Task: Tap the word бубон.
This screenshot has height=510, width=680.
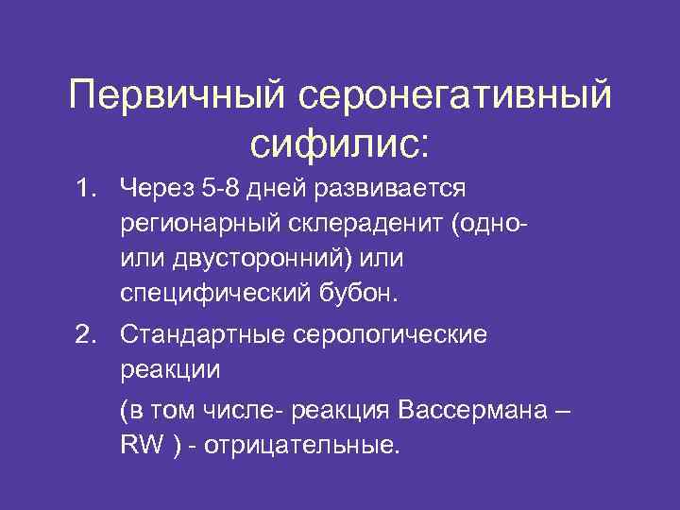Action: (x=358, y=294)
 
